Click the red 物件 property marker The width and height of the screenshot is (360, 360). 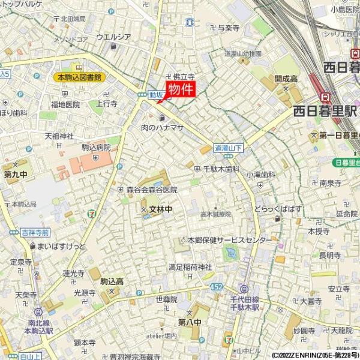tap(180, 90)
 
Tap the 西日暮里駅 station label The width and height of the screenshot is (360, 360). tap(325, 111)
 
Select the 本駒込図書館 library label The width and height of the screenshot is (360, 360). tap(79, 77)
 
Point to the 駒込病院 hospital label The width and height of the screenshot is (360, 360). tap(96, 147)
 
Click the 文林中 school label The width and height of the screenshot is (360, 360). tap(160, 209)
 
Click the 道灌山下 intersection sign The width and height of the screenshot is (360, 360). tap(229, 147)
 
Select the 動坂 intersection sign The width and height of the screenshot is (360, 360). tap(156, 95)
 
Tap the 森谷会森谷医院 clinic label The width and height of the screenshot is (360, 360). tap(152, 190)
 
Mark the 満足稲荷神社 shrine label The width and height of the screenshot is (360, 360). tap(190, 266)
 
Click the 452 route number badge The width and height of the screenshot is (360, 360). tap(216, 287)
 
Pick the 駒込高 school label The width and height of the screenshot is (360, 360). tap(112, 281)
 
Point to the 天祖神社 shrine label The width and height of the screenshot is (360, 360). tap(59, 136)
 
